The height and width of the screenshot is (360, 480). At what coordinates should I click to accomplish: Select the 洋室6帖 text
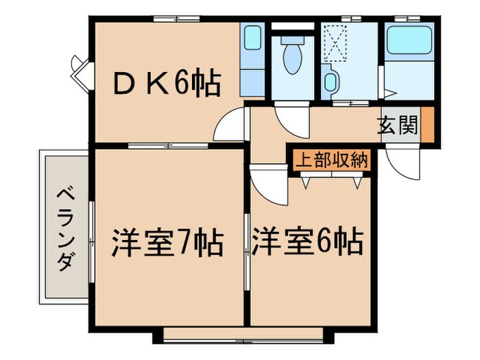pyautogui.click(x=307, y=242)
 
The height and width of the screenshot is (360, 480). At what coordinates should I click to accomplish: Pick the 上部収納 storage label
pyautogui.click(x=332, y=161)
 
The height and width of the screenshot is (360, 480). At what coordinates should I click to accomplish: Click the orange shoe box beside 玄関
pyautogui.click(x=427, y=125)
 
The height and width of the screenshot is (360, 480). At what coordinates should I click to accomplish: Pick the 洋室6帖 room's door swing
pyautogui.click(x=268, y=182)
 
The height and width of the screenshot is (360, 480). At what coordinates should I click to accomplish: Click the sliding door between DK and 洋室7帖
pyautogui.click(x=168, y=145)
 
